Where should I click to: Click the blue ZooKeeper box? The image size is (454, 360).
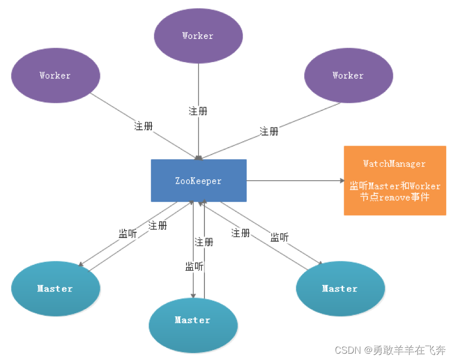[x=199, y=180]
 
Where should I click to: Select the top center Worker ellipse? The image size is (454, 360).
[x=198, y=36]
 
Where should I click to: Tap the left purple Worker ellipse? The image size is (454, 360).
[x=55, y=75]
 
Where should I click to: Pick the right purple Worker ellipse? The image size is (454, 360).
[x=348, y=75]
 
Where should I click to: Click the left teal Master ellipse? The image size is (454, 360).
[x=55, y=289]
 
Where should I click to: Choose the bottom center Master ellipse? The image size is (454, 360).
[x=193, y=320]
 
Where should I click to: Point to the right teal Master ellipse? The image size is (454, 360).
[x=340, y=289]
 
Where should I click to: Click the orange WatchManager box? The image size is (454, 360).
[x=395, y=180]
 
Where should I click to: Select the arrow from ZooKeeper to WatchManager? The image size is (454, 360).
[x=294, y=181]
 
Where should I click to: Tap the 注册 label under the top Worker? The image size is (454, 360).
[x=198, y=111]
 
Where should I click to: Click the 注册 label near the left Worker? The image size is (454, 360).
[x=143, y=126]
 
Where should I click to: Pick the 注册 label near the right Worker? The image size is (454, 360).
[x=269, y=131]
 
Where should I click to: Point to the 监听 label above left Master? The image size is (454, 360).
[x=128, y=234]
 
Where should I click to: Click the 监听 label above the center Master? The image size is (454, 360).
[x=194, y=266]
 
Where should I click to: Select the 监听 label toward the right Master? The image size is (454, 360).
[x=280, y=237]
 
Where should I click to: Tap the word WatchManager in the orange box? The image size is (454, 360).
[x=395, y=164]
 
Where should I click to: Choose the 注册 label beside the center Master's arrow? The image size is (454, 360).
[x=204, y=242]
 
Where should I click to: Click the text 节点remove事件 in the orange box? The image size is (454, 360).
[x=395, y=197]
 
